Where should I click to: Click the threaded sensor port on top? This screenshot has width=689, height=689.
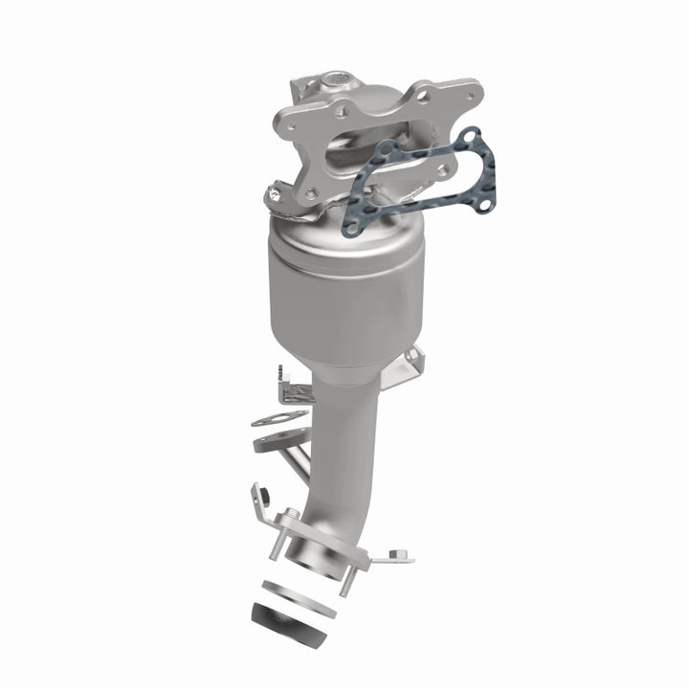(x=337, y=78)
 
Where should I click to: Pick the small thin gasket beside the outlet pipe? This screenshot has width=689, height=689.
(x=280, y=419)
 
